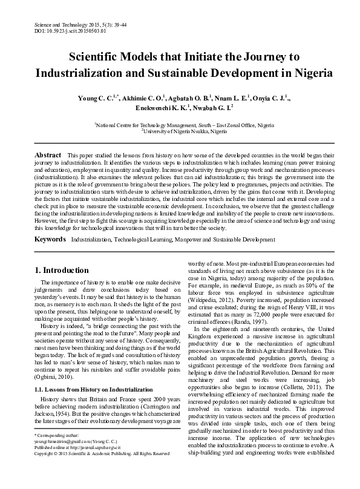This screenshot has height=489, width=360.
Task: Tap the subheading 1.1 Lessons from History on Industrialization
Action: coord(92,390)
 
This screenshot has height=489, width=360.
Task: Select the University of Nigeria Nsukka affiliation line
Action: coord(179,130)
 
